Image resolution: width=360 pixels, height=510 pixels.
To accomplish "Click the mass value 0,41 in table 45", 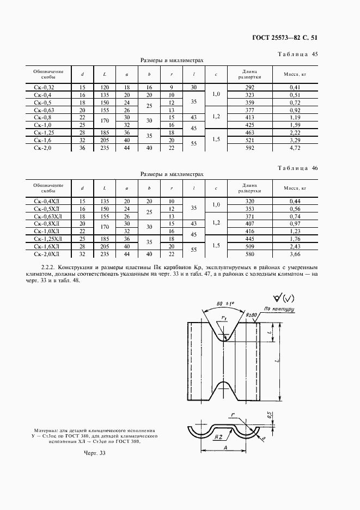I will [x=296, y=87].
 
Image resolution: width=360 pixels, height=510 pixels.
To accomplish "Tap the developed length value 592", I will [x=250, y=147].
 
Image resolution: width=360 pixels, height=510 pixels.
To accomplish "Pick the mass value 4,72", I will [x=296, y=147].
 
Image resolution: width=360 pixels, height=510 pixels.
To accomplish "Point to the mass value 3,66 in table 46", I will [x=296, y=253].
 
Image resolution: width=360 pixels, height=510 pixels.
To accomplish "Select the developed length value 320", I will [x=250, y=201].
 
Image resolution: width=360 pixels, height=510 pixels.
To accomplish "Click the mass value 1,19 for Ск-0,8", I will [x=296, y=117].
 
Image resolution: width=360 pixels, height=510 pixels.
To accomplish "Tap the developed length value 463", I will [x=250, y=132].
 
